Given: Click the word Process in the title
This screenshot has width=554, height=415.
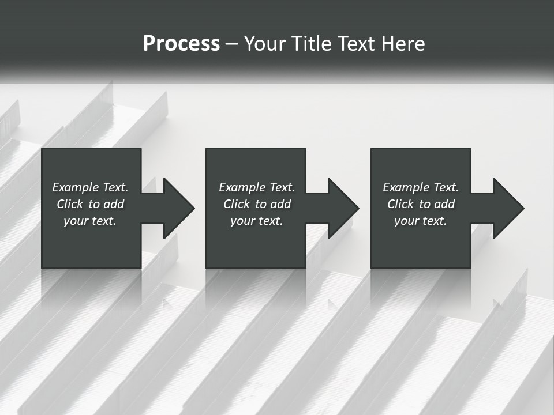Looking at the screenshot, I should [x=181, y=43].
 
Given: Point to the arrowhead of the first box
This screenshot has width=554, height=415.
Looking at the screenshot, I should [x=177, y=208].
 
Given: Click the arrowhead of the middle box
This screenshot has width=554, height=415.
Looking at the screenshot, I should [x=341, y=208].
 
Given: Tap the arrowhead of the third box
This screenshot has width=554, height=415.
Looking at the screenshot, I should [x=506, y=208].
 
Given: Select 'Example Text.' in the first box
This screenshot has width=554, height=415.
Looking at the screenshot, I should [x=90, y=187].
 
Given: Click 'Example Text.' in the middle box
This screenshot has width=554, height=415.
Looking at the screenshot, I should [x=257, y=187].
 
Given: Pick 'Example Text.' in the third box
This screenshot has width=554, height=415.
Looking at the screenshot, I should [x=421, y=187].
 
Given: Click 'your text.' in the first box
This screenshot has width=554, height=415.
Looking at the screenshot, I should [x=90, y=221].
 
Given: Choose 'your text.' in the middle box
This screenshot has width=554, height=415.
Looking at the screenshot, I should [x=257, y=221].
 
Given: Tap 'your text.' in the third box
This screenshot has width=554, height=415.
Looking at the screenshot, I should [x=421, y=221].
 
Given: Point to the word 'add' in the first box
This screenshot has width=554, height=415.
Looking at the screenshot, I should [x=114, y=204].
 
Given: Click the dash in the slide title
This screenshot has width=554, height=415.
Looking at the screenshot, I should [x=232, y=44].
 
